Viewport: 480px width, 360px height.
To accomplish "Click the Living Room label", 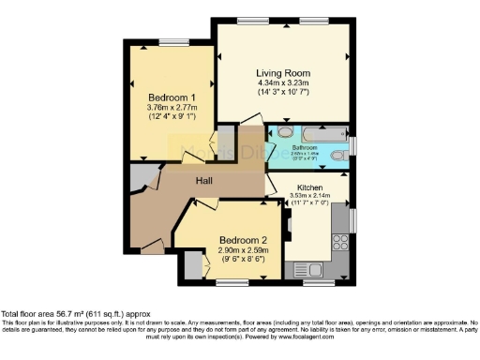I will coord(283,72).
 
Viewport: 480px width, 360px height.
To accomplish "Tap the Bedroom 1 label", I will coord(172,97).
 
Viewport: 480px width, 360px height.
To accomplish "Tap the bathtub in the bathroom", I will coord(316,134).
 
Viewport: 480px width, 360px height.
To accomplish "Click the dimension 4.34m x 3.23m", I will coord(283,82).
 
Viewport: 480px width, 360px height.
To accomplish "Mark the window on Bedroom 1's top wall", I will coord(172,41).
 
